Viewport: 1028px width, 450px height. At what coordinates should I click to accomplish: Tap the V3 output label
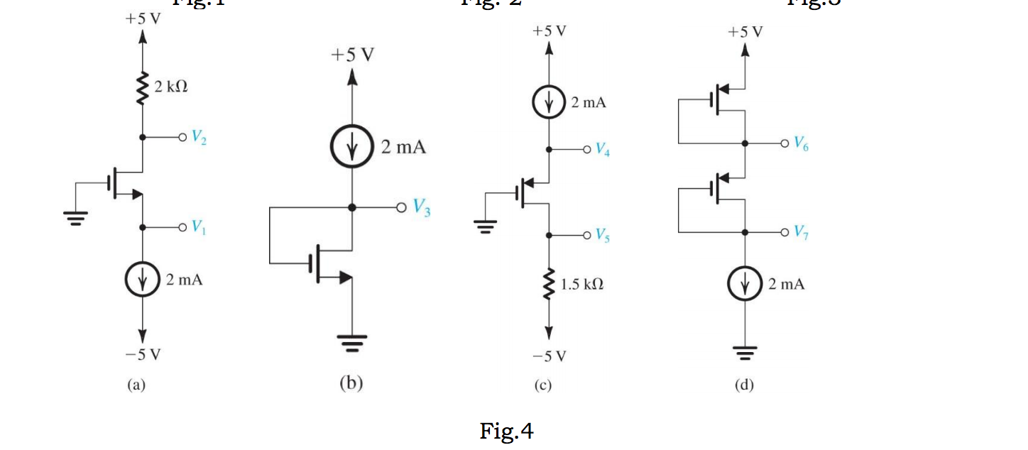point(423,209)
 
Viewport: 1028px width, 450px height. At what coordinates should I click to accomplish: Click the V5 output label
point(602,235)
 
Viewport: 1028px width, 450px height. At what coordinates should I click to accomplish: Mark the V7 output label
point(800,232)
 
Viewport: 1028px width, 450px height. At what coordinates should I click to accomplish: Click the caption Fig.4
point(506,431)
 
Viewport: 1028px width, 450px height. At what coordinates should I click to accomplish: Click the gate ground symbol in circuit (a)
point(77,216)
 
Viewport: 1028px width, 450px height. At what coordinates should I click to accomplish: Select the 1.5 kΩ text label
point(583,285)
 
